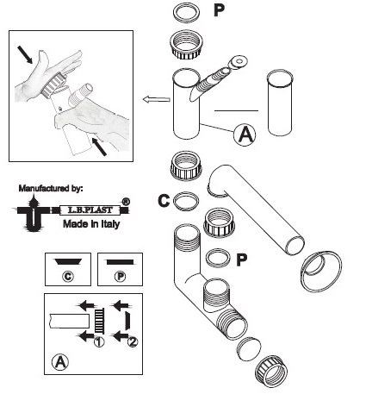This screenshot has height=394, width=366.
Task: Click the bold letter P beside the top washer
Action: pos(219,10)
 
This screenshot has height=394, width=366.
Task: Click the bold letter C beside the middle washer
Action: pos(164,201)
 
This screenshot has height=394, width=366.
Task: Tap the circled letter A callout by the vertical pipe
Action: pos(245,134)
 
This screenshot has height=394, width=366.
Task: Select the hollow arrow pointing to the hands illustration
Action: pos(157,99)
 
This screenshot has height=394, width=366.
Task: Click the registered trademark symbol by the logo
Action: pos(126,202)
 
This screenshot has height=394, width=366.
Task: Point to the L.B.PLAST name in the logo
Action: pos(90,210)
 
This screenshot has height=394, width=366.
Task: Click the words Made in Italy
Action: pos(91,224)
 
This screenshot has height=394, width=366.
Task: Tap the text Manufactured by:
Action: pos(51,189)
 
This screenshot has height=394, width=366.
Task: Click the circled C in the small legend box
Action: pos(68,277)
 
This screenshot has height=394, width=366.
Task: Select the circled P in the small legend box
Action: pos(120,277)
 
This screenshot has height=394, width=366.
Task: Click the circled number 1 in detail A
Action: pos(99,341)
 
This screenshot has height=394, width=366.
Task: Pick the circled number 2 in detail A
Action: pos(133,341)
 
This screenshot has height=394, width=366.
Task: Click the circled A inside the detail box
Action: pos(60,362)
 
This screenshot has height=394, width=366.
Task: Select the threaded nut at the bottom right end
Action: pos(271,372)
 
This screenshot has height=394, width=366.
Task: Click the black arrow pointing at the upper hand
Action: pos(25,54)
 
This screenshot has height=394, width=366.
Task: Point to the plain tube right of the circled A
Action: pos(280,103)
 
